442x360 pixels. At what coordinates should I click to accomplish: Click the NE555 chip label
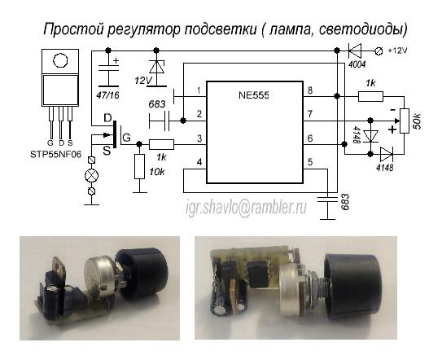pyautogui.click(x=254, y=94)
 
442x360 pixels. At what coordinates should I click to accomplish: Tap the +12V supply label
pyautogui.click(x=397, y=50)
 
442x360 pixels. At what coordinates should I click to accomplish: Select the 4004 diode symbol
pyautogui.click(x=355, y=50)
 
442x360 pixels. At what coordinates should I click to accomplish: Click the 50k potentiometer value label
pyautogui.click(x=417, y=121)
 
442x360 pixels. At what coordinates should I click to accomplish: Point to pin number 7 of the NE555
pyautogui.click(x=310, y=114)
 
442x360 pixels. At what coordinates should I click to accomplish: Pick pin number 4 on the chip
pyautogui.click(x=199, y=163)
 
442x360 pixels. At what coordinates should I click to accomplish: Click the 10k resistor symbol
pyautogui.click(x=139, y=166)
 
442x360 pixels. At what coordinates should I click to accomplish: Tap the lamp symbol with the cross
pyautogui.click(x=92, y=176)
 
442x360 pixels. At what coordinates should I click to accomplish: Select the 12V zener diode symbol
pyautogui.click(x=157, y=67)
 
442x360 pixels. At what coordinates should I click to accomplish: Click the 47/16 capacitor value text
pyautogui.click(x=108, y=95)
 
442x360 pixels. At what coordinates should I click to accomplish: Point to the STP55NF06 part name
pyautogui.click(x=56, y=154)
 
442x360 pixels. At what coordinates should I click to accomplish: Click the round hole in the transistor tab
pyautogui.click(x=60, y=60)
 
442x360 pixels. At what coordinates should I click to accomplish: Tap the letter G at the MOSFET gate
pyautogui.click(x=127, y=138)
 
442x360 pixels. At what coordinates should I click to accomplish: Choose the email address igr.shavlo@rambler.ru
pyautogui.click(x=246, y=207)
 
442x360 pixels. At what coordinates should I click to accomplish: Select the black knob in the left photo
pyautogui.click(x=142, y=272)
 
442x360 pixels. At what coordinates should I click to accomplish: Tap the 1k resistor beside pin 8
pyautogui.click(x=370, y=96)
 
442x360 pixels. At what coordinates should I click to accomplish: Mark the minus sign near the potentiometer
pyautogui.click(x=392, y=109)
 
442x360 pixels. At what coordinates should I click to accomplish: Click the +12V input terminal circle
pyautogui.click(x=379, y=50)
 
